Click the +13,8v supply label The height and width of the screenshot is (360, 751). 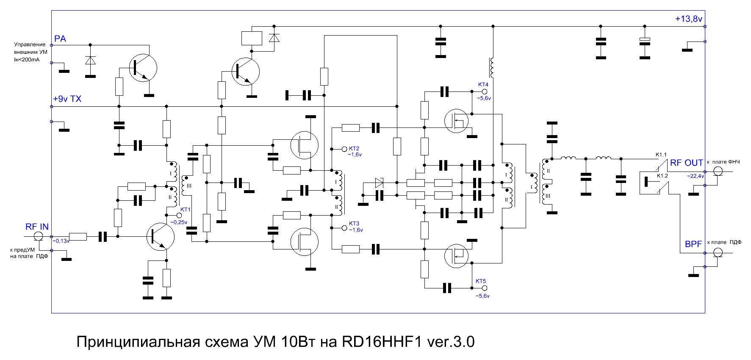[x=688, y=19]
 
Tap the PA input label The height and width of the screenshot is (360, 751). [x=60, y=39]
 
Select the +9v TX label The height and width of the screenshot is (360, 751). [x=67, y=99]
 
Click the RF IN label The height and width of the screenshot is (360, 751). [x=37, y=227]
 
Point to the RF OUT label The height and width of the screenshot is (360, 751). [x=686, y=163]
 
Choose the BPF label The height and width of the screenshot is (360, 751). [x=693, y=244]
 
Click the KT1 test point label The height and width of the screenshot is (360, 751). [x=186, y=209]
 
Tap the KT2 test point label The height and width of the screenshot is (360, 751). [x=354, y=149]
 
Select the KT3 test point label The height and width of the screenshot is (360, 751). [x=354, y=223]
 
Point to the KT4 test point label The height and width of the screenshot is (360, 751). [x=483, y=84]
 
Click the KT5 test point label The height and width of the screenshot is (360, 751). [x=481, y=281]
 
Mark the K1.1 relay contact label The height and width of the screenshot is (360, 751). [x=661, y=155]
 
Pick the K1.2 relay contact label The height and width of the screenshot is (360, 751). [x=662, y=175]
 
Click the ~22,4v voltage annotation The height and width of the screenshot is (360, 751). [x=696, y=176]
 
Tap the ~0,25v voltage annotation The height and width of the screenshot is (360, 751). [x=179, y=222]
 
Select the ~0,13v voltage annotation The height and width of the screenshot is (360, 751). [x=61, y=241]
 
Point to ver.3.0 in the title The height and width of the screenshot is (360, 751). [x=451, y=341]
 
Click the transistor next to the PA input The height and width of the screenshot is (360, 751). [x=143, y=68]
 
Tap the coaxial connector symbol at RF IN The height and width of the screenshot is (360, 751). [x=38, y=236]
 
